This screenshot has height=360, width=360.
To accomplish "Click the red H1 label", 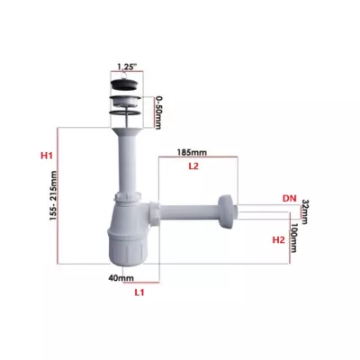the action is pyautogui.click(x=47, y=156).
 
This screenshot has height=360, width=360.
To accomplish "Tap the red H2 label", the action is pyautogui.click(x=278, y=240).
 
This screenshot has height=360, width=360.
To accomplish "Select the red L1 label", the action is pyautogui.click(x=139, y=292).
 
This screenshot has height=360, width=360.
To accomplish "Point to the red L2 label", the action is pyautogui.click(x=193, y=166).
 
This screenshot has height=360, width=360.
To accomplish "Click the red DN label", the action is pyautogui.click(x=289, y=198).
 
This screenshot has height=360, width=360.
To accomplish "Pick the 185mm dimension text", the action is pyautogui.click(x=192, y=152).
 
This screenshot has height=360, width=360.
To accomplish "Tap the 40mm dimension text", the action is pyautogui.click(x=121, y=278).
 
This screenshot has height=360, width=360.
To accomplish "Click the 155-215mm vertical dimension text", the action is pyautogui.click(x=53, y=195).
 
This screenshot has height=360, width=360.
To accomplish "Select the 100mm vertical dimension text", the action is pyautogui.click(x=293, y=238).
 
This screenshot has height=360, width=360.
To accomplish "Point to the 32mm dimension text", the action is pyautogui.click(x=304, y=211).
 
